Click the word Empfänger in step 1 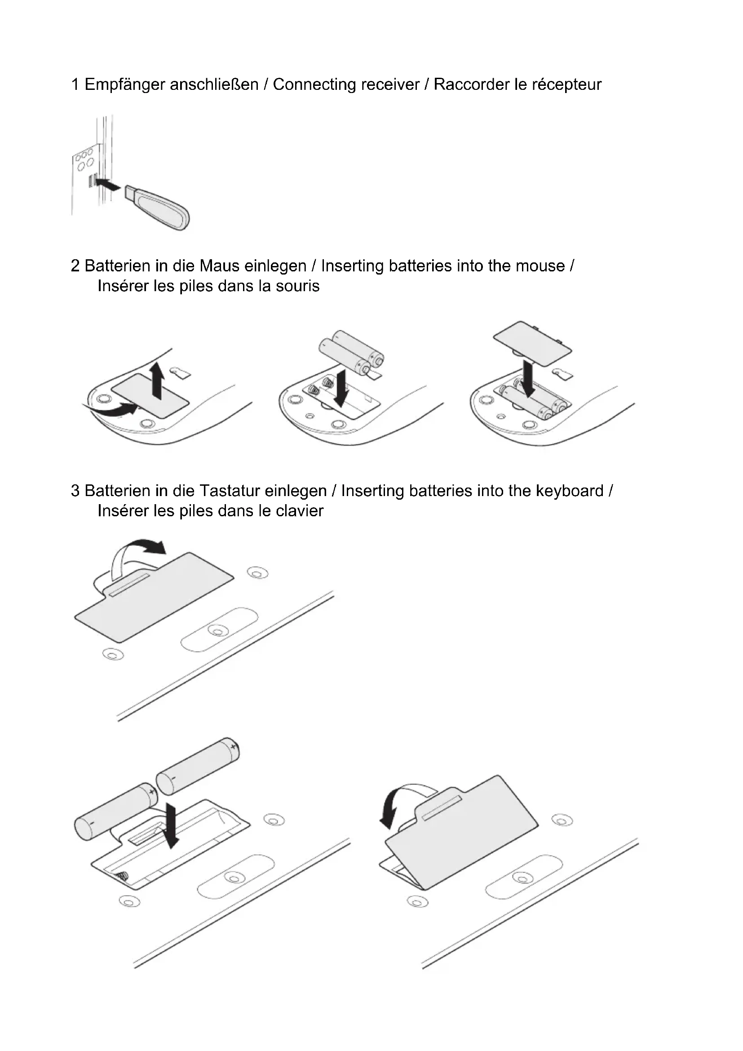pos(125,85)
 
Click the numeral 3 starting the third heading pos(75,491)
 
